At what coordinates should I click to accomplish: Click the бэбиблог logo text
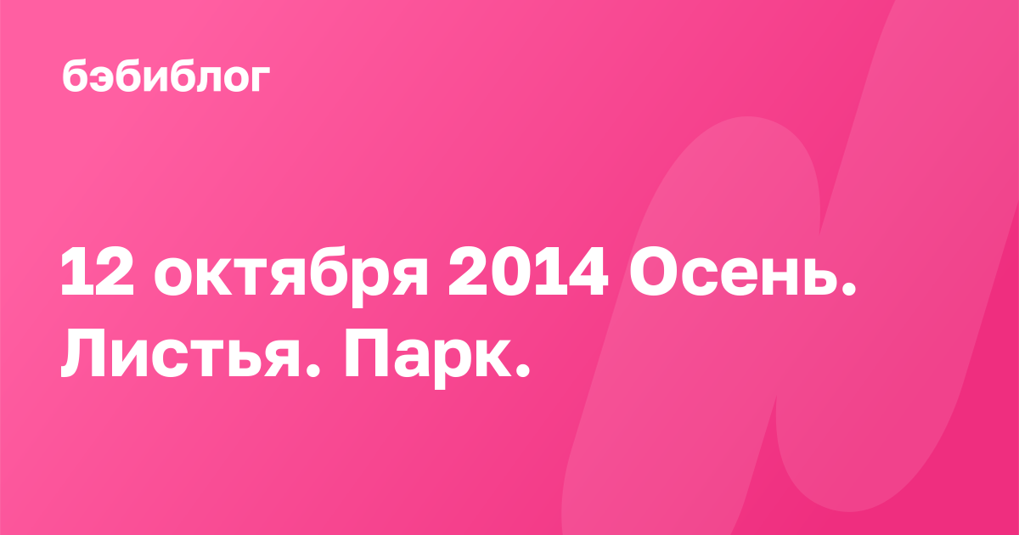click(x=166, y=76)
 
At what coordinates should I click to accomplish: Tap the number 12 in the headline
click(x=98, y=272)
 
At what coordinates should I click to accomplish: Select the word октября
click(x=291, y=276)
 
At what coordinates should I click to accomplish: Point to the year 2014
click(x=528, y=272)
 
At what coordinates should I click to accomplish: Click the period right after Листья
click(x=311, y=369)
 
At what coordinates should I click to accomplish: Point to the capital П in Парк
click(x=367, y=353)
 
